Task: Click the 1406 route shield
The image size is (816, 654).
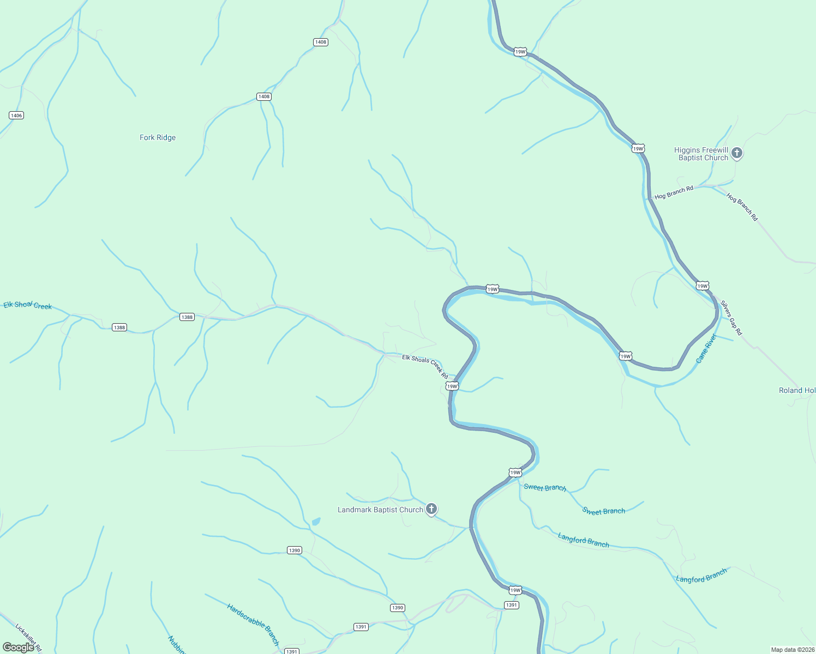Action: [16, 116]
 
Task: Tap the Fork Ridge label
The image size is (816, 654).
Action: [158, 138]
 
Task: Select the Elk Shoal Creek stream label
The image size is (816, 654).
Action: [28, 305]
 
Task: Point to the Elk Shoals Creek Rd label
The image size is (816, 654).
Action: [425, 366]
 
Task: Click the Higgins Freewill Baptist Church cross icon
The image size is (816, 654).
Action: [737, 153]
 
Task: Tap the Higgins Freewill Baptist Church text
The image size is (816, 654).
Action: [701, 154]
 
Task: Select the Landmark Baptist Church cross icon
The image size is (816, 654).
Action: [431, 510]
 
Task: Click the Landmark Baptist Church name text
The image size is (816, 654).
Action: [380, 510]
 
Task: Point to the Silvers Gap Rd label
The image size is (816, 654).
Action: [731, 318]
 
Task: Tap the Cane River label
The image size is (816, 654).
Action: [706, 349]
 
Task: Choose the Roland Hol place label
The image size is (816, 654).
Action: [797, 390]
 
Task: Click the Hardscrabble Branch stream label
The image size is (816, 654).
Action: [253, 624]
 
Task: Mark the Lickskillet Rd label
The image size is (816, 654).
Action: [28, 638]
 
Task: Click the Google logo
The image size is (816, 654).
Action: [19, 647]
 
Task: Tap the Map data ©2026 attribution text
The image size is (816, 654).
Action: [792, 650]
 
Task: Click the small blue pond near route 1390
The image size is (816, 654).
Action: [316, 522]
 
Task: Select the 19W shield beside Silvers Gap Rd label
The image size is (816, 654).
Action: [703, 286]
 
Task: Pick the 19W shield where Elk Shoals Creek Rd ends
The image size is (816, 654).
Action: [452, 386]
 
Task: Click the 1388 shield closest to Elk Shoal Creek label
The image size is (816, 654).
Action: [119, 328]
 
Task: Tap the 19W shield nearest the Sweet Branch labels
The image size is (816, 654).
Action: [515, 473]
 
